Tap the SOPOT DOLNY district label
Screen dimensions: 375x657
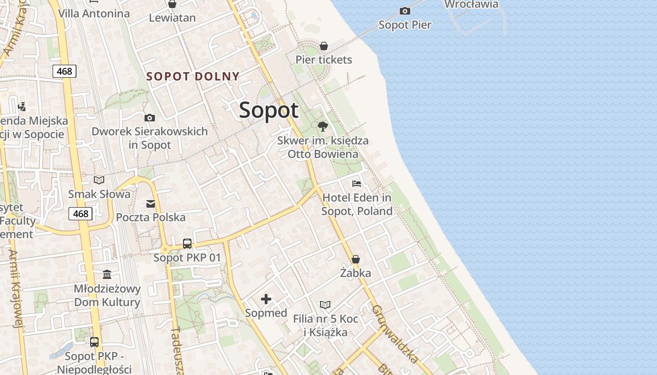(x=193, y=76)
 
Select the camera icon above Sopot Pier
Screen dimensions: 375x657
(x=405, y=11)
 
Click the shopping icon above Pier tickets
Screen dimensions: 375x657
(x=323, y=46)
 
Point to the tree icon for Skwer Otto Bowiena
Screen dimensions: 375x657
(x=322, y=126)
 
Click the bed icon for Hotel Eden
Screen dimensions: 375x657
(x=357, y=183)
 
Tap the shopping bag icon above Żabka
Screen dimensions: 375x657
(x=356, y=259)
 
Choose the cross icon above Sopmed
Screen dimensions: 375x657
(x=266, y=299)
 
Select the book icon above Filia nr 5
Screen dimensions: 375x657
(x=325, y=305)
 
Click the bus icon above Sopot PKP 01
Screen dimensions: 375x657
(x=187, y=244)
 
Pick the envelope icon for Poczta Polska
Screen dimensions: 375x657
(x=151, y=203)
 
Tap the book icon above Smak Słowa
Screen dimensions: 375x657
(x=99, y=180)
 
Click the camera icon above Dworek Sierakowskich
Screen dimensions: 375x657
(x=150, y=118)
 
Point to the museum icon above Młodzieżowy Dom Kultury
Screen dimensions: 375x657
(x=107, y=274)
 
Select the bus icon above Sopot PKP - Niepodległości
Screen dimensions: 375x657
(x=94, y=342)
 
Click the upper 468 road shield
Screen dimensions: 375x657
(x=64, y=71)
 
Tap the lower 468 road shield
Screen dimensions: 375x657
(x=80, y=214)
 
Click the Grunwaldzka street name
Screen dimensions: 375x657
(x=395, y=334)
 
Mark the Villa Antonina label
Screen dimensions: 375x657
(x=94, y=13)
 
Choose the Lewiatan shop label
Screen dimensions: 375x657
(x=172, y=18)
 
